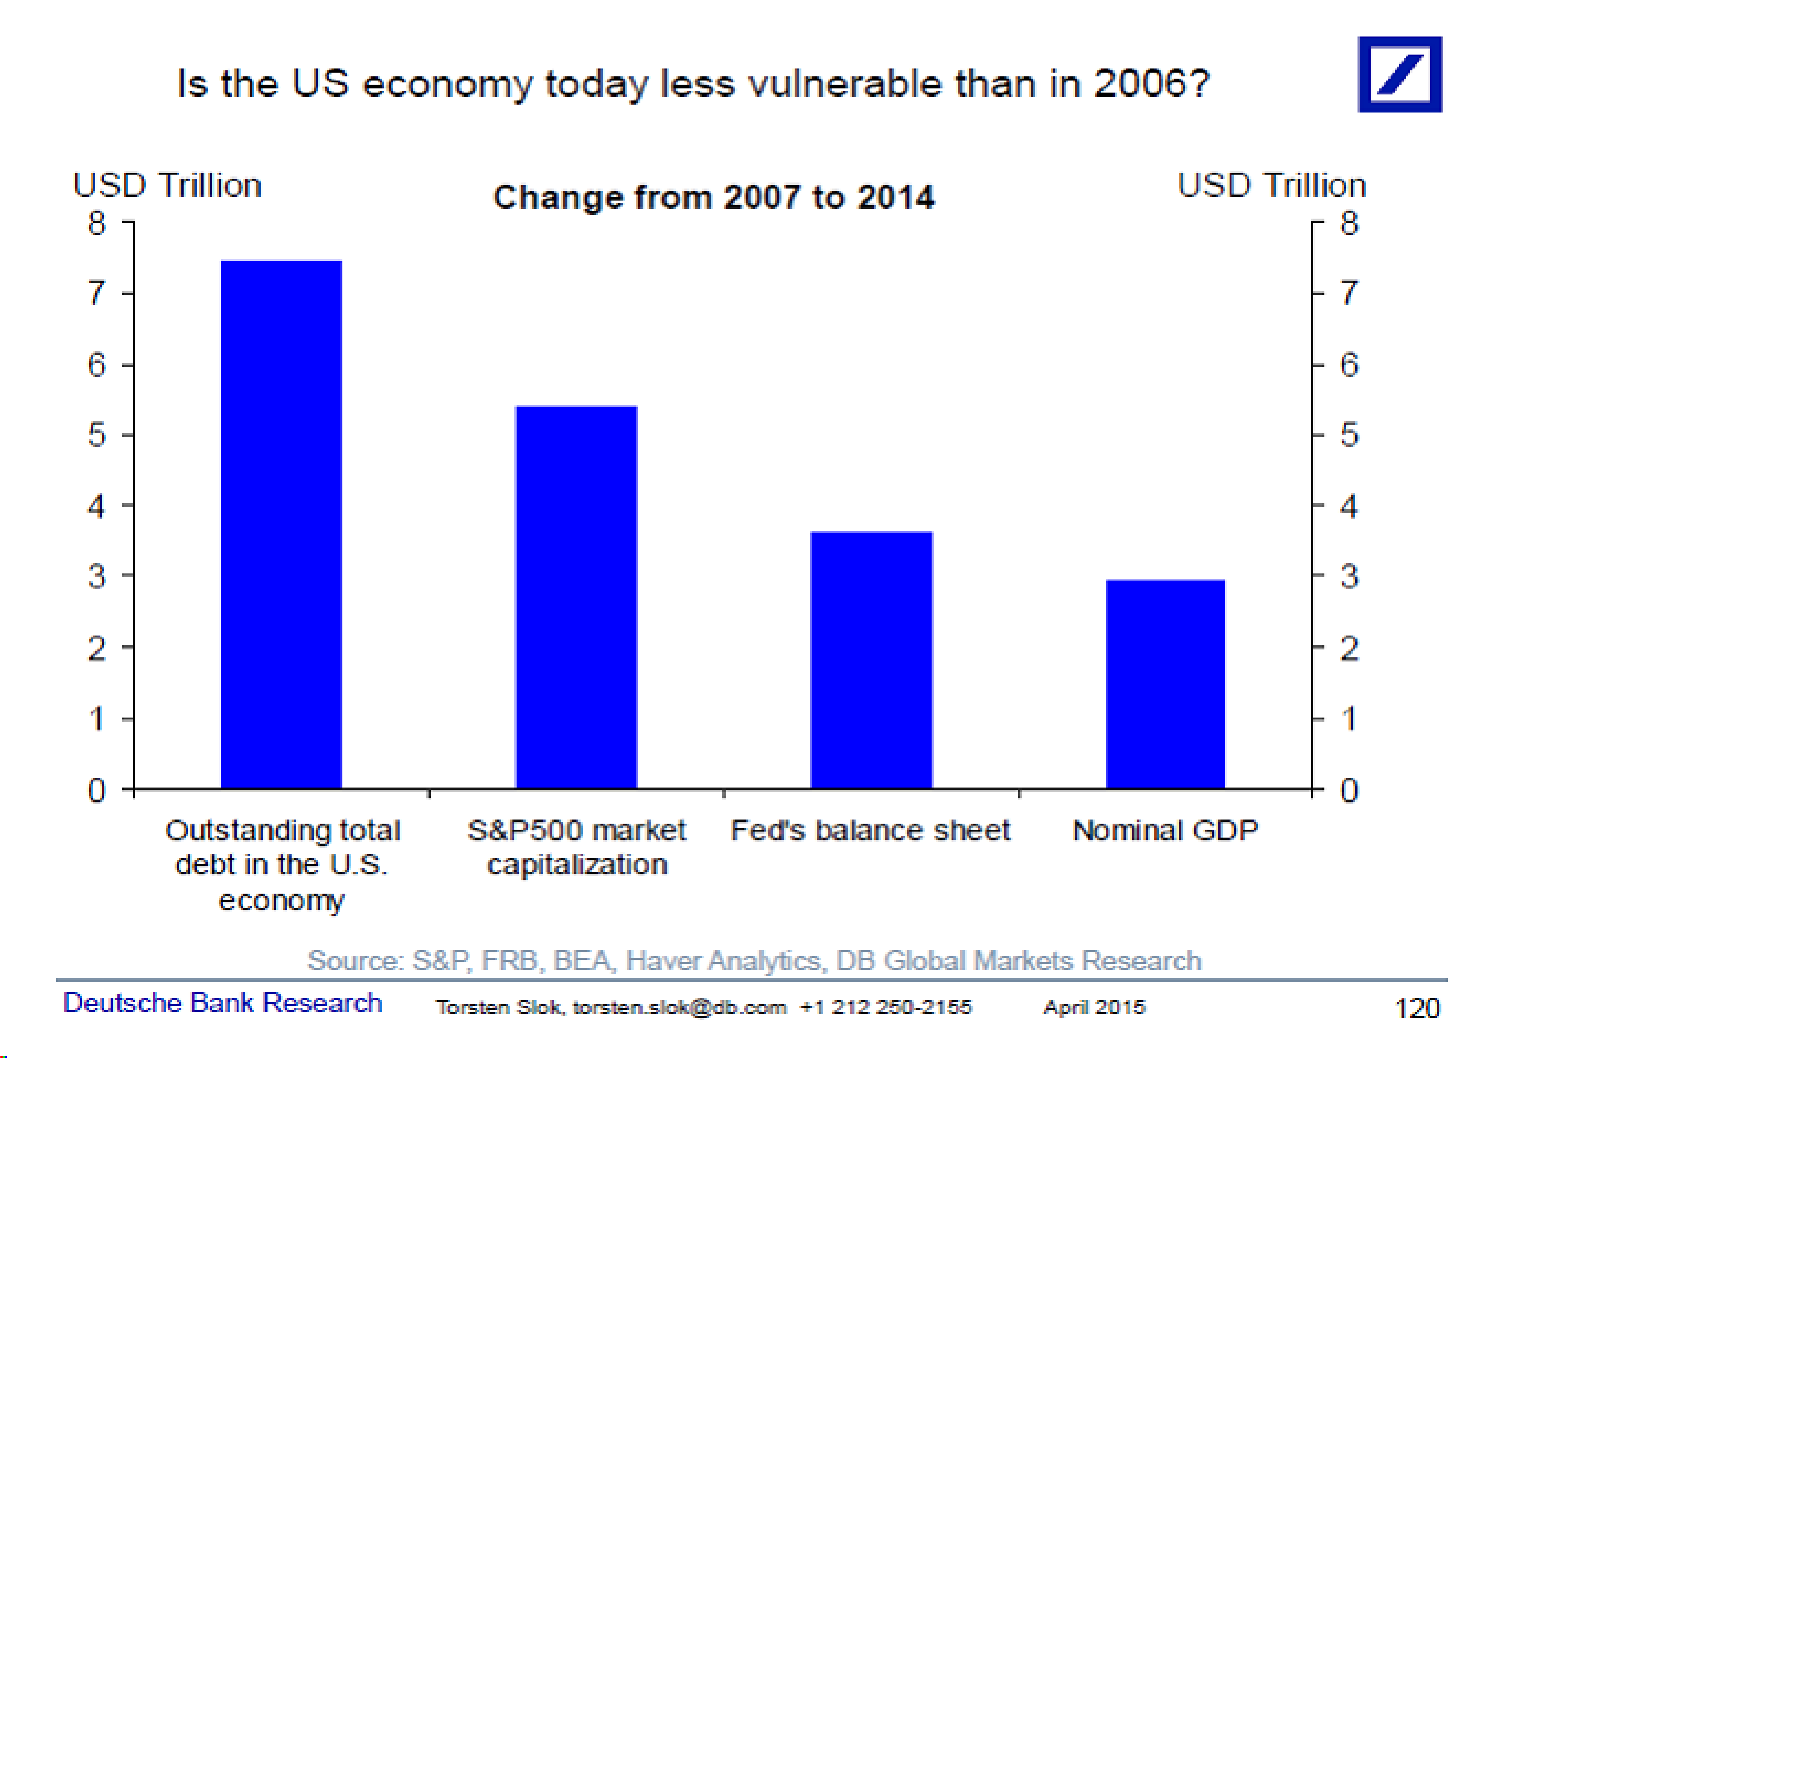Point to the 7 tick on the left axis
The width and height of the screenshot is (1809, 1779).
coord(96,293)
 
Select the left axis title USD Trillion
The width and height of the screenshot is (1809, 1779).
coord(167,185)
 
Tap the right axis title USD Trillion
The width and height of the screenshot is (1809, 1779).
coord(1271,185)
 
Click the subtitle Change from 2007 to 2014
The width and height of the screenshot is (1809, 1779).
coord(713,197)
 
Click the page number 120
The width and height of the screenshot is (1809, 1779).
coord(1417,1008)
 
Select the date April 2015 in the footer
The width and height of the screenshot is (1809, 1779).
coord(1093,1007)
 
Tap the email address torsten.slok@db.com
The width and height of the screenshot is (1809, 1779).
coord(679,1007)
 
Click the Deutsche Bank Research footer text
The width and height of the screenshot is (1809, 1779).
coord(222,1002)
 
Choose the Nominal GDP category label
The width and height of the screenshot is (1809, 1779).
coord(1165,830)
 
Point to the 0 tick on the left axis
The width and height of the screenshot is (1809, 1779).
coord(96,791)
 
